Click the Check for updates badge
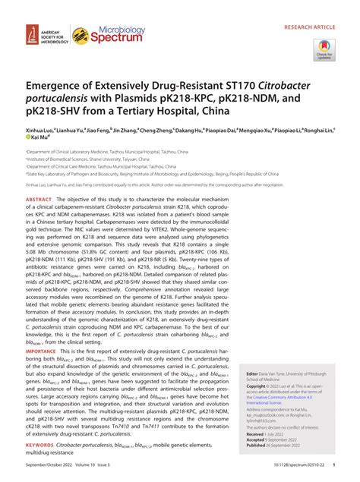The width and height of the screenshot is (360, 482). pyautogui.click(x=324, y=49)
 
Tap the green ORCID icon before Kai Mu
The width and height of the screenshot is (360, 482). pyautogui.click(x=28, y=140)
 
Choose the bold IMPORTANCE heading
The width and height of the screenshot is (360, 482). pyautogui.click(x=43, y=352)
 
